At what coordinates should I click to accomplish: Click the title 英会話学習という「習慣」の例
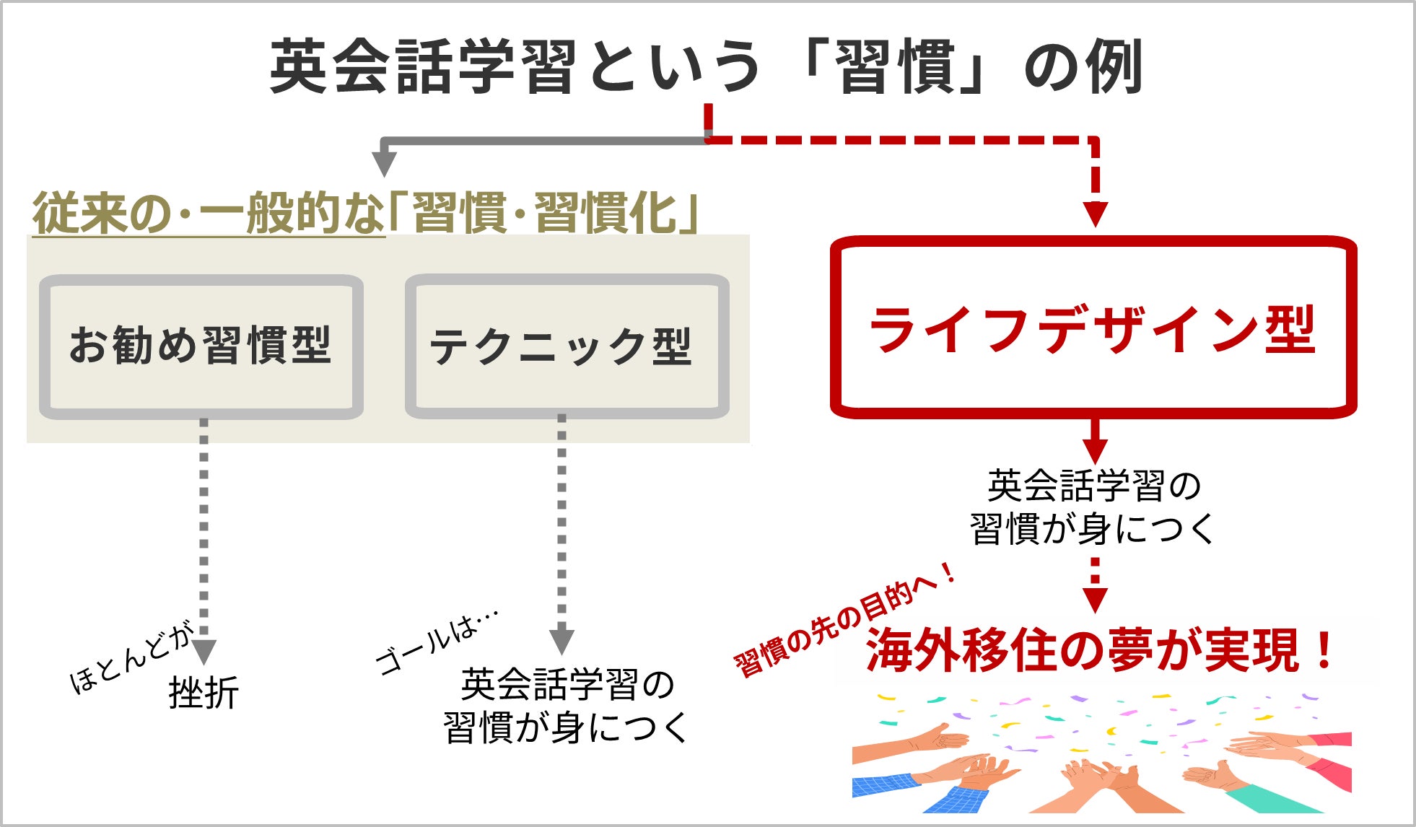click(x=706, y=66)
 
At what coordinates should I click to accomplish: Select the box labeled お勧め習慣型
click(x=201, y=346)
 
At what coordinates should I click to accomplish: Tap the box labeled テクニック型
click(x=567, y=346)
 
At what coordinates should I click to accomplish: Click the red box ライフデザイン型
click(x=1093, y=328)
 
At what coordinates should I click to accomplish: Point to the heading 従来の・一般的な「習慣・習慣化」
click(x=364, y=213)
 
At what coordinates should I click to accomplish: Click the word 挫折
click(x=204, y=693)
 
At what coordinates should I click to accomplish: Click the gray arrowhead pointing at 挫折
click(x=204, y=651)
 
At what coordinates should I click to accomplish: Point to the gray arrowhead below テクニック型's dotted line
click(x=561, y=642)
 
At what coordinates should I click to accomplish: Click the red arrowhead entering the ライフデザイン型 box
click(x=1096, y=214)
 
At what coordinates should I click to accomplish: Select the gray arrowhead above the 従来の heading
click(x=384, y=164)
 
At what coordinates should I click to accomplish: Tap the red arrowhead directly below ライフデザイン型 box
click(x=1095, y=450)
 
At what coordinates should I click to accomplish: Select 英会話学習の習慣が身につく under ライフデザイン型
click(x=1093, y=507)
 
